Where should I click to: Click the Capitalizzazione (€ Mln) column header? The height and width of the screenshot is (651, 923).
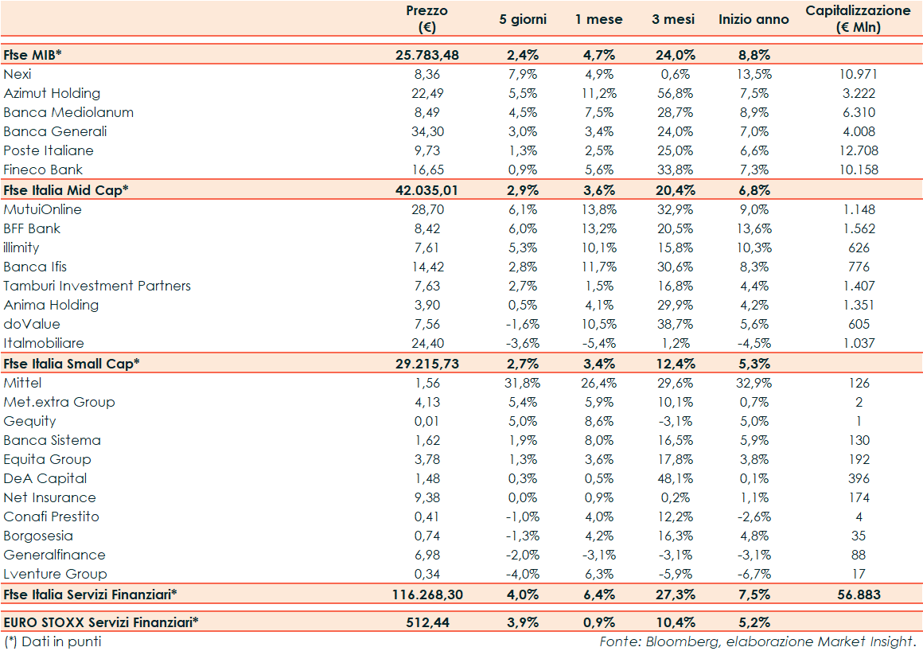pyautogui.click(x=858, y=19)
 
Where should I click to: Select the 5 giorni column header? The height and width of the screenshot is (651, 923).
pyautogui.click(x=523, y=19)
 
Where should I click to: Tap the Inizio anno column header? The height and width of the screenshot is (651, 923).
pyautogui.click(x=754, y=19)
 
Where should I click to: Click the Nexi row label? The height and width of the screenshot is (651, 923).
pyautogui.click(x=18, y=74)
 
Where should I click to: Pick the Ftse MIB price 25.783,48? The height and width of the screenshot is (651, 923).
pyautogui.click(x=427, y=55)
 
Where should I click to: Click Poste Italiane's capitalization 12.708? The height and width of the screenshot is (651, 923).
pyautogui.click(x=858, y=150)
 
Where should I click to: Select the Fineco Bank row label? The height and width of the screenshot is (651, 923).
pyautogui.click(x=43, y=170)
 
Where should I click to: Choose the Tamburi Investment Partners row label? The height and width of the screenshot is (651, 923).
pyautogui.click(x=97, y=286)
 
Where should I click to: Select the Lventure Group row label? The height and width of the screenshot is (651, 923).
pyautogui.click(x=55, y=574)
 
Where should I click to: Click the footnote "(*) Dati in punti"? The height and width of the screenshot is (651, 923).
pyautogui.click(x=53, y=641)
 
